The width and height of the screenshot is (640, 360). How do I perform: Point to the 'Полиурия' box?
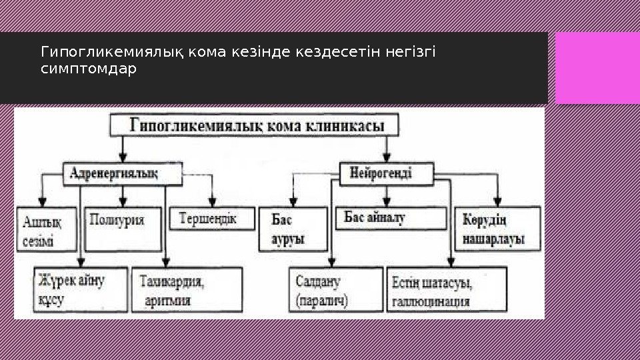124,229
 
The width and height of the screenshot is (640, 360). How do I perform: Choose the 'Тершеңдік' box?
207,219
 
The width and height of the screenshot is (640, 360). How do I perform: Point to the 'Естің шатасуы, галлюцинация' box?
442,290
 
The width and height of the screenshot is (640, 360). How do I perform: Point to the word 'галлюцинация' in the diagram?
431,301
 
